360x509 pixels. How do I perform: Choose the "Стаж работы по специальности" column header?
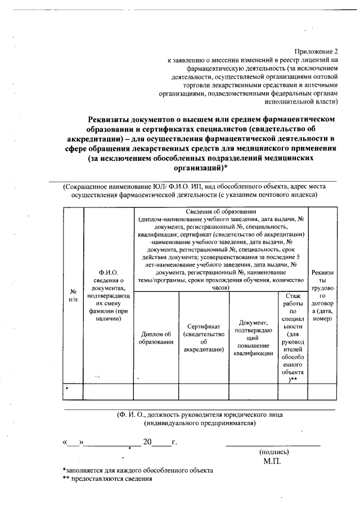(x=292, y=337)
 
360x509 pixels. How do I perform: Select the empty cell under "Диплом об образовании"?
(x=156, y=391)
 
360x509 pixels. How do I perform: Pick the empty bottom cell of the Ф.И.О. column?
(x=108, y=391)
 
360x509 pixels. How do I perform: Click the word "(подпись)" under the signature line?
(x=274, y=452)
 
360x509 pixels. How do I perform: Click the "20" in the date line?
(x=147, y=442)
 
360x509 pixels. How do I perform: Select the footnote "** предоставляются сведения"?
(x=107, y=479)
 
